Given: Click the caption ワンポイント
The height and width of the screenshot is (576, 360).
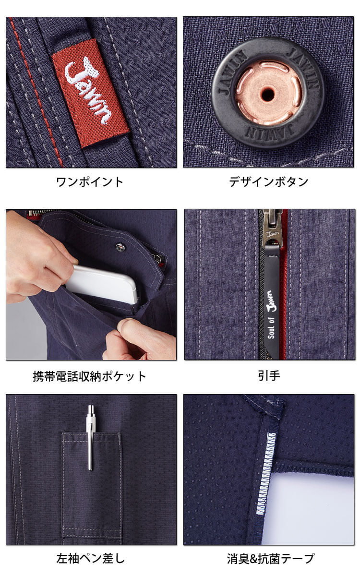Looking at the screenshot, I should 90,182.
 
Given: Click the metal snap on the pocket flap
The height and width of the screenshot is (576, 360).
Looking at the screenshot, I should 120,247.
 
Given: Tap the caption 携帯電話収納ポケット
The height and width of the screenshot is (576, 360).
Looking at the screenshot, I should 90,376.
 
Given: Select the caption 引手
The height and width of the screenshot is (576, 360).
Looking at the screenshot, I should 268,376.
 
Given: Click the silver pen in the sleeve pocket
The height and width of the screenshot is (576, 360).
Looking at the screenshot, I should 90,437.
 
